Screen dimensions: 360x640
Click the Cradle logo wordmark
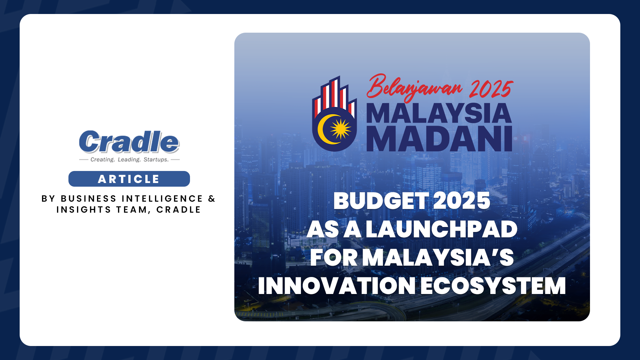[129, 142]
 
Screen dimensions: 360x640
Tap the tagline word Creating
[102, 160]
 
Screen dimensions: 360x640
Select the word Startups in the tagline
[156, 160]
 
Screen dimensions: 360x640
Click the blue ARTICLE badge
[129, 179]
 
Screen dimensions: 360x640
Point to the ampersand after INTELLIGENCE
[212, 199]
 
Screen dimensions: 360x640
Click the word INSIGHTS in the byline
[84, 210]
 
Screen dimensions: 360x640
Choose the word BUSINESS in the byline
[88, 199]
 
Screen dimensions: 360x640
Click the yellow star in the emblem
[340, 129]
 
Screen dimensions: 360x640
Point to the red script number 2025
[491, 89]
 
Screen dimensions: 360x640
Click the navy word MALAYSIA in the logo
[439, 114]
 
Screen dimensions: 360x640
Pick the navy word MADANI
[439, 139]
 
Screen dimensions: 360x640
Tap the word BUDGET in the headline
[381, 201]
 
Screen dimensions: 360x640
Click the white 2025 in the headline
[462, 201]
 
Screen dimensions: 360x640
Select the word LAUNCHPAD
[441, 229]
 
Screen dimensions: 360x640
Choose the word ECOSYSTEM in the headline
[493, 286]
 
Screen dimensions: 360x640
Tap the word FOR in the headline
[334, 258]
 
